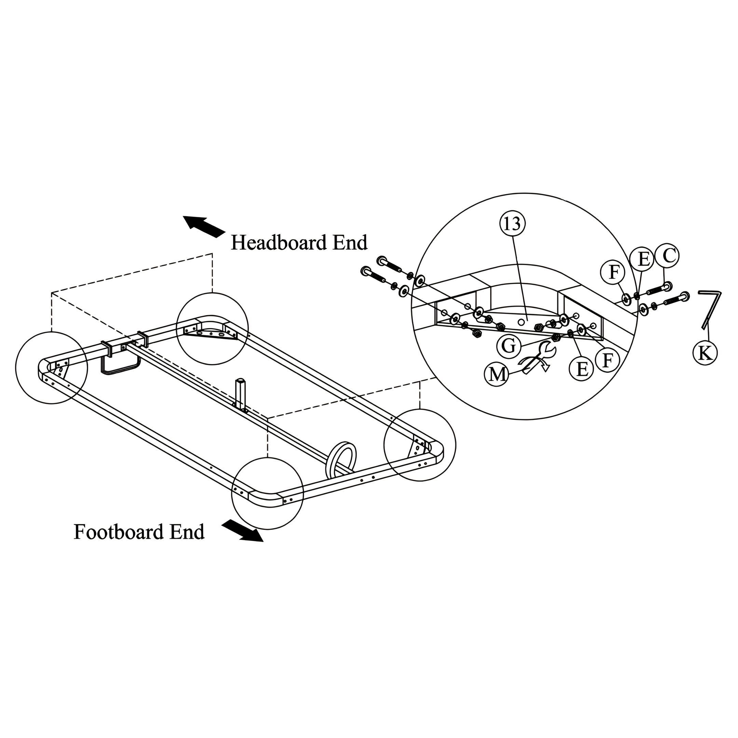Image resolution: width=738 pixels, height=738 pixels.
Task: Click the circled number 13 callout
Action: pyautogui.click(x=512, y=224)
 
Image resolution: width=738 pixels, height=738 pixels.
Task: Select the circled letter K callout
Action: pyautogui.click(x=705, y=353)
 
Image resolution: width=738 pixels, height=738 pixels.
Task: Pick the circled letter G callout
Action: pyautogui.click(x=508, y=346)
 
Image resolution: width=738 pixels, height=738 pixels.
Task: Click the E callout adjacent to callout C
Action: pyautogui.click(x=644, y=259)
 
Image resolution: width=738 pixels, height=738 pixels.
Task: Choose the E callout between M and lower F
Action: pyautogui.click(x=582, y=369)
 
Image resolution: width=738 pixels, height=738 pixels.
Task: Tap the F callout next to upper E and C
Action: pyautogui.click(x=613, y=273)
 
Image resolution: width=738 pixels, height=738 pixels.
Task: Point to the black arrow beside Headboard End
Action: pyautogui.click(x=204, y=226)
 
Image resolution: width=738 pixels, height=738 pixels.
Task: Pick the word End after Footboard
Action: pyautogui.click(x=187, y=532)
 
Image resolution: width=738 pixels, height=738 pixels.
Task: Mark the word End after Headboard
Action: pyautogui.click(x=350, y=243)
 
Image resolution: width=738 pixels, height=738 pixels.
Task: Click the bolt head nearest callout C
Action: pyautogui.click(x=668, y=286)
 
